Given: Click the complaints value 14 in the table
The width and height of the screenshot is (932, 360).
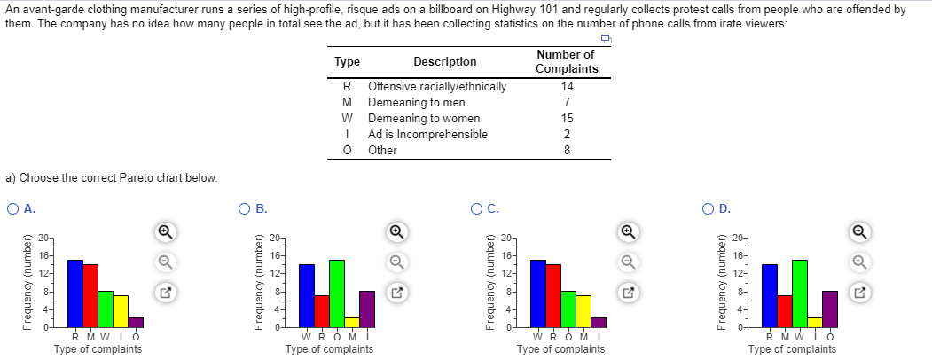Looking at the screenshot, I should pyautogui.click(x=568, y=87).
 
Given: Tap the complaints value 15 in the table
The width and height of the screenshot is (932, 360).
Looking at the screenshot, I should pyautogui.click(x=568, y=119).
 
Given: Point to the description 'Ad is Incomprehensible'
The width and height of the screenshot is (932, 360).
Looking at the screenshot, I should pyautogui.click(x=427, y=135).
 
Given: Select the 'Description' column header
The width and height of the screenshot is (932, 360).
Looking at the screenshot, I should pyautogui.click(x=444, y=62).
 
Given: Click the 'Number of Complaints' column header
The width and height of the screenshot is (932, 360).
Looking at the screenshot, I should pyautogui.click(x=567, y=62).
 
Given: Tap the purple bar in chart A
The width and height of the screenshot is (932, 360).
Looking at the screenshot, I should pyautogui.click(x=136, y=322).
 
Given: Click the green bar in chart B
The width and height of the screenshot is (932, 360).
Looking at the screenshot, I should pyautogui.click(x=336, y=293).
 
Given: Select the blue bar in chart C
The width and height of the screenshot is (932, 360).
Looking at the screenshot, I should pyautogui.click(x=537, y=293).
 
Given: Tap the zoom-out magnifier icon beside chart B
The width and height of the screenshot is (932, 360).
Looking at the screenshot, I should pyautogui.click(x=396, y=262).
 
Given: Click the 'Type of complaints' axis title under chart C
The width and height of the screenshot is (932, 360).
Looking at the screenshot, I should pyautogui.click(x=560, y=349).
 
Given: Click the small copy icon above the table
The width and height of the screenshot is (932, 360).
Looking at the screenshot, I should pyautogui.click(x=607, y=40).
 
